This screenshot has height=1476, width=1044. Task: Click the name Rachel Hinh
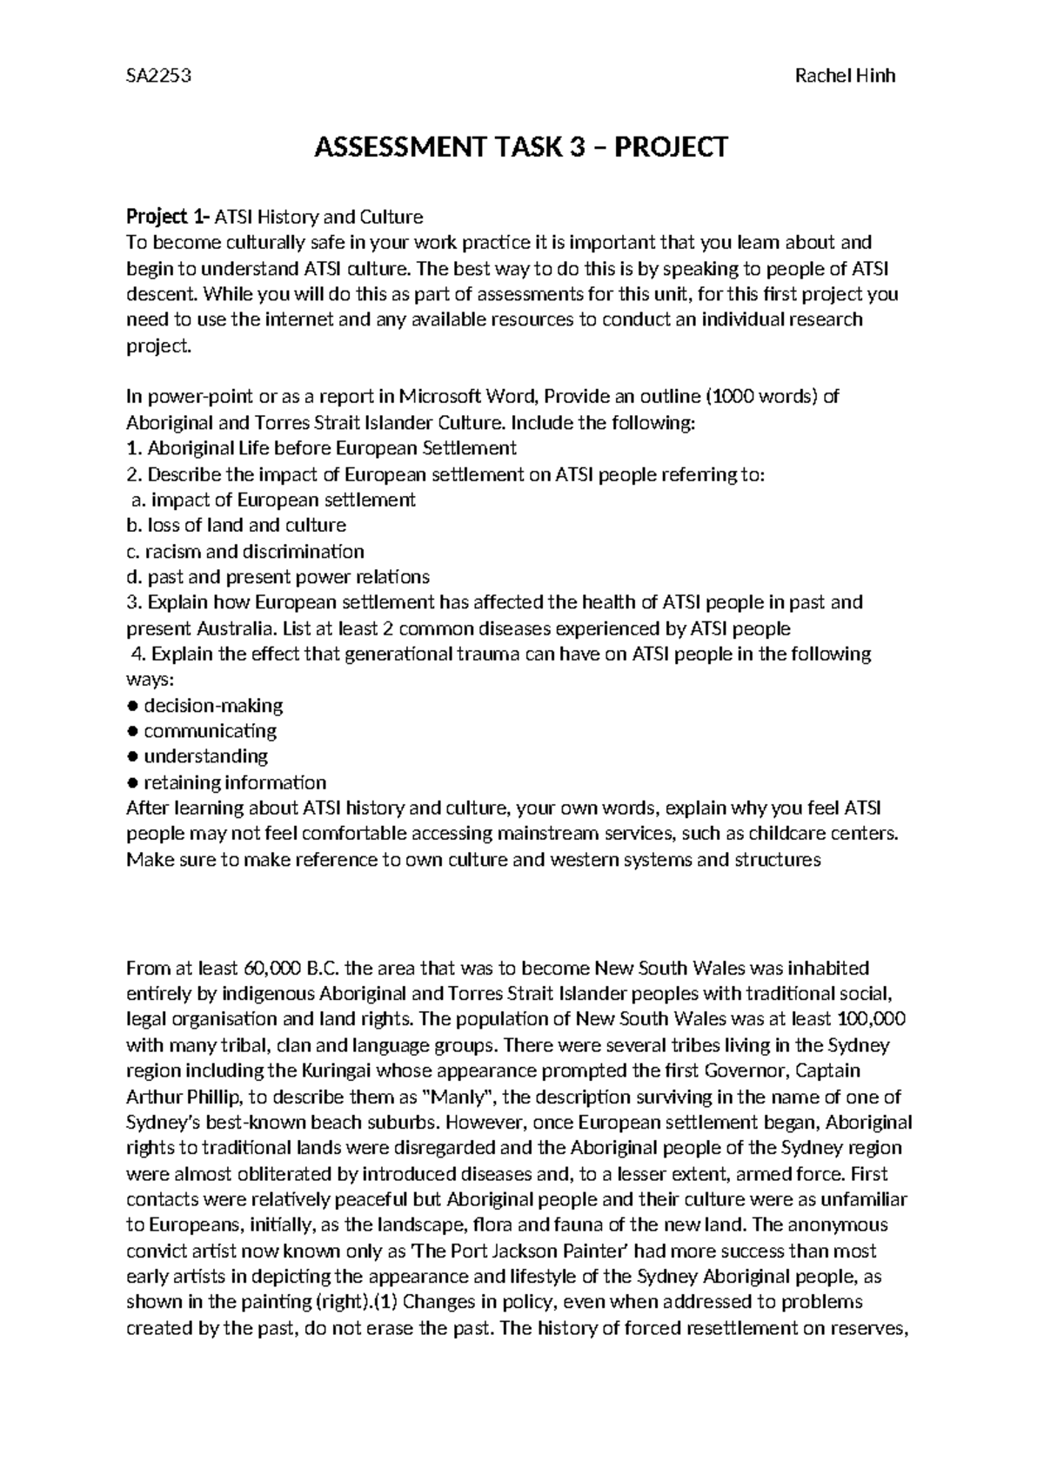pos(845,76)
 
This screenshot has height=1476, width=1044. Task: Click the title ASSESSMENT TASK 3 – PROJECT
pos(520,148)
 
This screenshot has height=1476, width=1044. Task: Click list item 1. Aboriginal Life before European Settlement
pos(321,448)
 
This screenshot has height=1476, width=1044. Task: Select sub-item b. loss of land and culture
pos(236,525)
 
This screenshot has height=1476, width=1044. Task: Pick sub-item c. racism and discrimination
pos(244,551)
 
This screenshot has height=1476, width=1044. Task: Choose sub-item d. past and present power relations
pos(278,576)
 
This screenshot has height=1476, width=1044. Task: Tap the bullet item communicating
pos(210,730)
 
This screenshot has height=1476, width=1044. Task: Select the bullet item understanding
pos(205,755)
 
